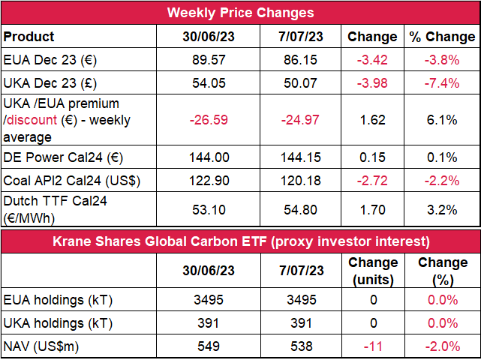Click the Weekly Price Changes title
tap(240, 13)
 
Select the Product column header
tap(29, 37)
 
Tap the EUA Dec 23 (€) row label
tap(50, 60)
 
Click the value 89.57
tap(209, 60)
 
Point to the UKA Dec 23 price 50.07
tap(300, 83)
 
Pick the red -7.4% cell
tap(442, 83)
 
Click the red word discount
tap(32, 120)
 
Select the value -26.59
tap(209, 120)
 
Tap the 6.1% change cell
tap(442, 120)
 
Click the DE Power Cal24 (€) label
tap(63, 157)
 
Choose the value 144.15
tap(301, 157)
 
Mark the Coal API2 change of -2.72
tap(372, 181)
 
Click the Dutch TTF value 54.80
tap(300, 210)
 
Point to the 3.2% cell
tap(442, 210)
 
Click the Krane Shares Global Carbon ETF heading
tap(241, 241)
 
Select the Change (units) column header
tap(373, 271)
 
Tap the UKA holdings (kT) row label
tap(58, 323)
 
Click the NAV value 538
tap(302, 346)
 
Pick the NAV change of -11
tap(373, 346)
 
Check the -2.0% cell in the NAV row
tap(443, 346)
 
